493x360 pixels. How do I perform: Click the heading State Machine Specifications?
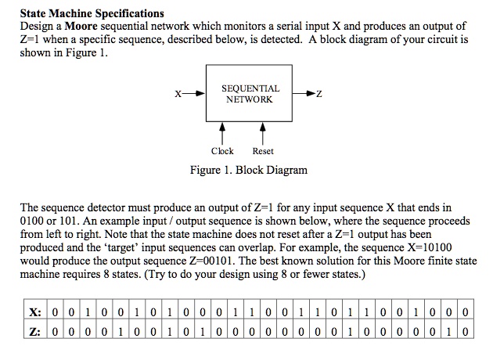[x=92, y=13]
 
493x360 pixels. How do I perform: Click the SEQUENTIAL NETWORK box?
[x=250, y=94]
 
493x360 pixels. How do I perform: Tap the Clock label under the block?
[x=223, y=151]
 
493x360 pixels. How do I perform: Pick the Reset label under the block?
[x=263, y=151]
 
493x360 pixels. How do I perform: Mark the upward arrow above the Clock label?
[x=223, y=130]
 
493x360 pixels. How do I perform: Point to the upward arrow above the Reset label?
[x=262, y=130]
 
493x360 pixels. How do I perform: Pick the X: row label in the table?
[x=34, y=312]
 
